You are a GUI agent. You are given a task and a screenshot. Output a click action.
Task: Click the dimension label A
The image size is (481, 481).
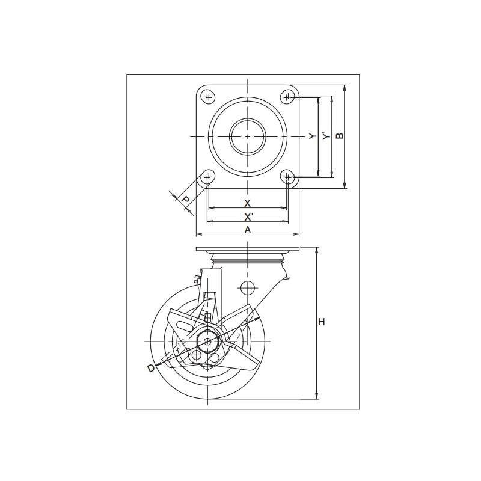247,230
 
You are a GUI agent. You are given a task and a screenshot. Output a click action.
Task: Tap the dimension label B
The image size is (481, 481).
340,136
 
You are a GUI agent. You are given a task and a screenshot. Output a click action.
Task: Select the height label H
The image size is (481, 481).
321,322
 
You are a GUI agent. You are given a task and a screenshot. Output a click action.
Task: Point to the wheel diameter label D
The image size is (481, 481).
152,368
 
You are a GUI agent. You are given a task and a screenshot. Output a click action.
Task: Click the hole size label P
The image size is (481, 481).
185,200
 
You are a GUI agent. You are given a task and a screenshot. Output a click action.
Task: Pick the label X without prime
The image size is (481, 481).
247,203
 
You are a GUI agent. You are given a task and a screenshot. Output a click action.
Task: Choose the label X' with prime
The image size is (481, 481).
248,217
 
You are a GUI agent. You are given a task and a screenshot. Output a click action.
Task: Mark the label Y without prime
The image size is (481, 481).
313,136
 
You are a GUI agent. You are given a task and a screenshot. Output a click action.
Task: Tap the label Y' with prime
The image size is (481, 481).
326,136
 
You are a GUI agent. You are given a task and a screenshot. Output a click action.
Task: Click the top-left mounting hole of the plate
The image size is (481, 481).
208,97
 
